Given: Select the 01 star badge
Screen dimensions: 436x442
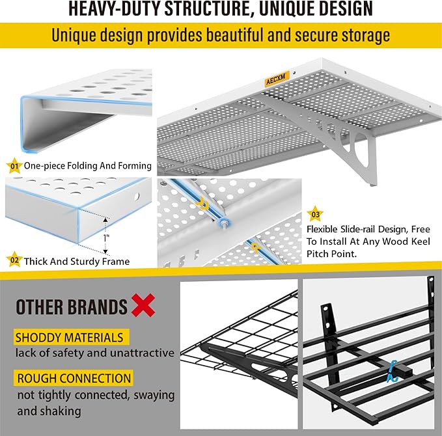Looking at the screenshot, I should (x=13, y=165).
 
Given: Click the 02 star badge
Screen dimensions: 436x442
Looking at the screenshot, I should (x=13, y=261).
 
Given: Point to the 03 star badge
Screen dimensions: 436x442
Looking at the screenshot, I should (x=316, y=212).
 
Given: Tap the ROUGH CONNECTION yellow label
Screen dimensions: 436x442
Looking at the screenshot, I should (x=74, y=378).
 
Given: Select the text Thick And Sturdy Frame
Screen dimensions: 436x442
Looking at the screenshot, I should (x=77, y=262).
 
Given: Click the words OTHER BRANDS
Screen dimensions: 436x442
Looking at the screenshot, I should (x=72, y=307).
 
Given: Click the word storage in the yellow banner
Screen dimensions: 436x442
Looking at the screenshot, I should (x=365, y=34).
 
